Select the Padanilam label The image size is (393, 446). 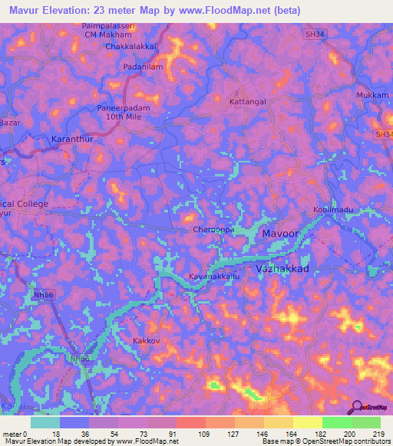tap(144, 67)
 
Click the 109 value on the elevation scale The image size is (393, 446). tap(203, 434)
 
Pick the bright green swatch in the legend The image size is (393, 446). tap(337, 422)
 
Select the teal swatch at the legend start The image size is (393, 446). tap(45, 422)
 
